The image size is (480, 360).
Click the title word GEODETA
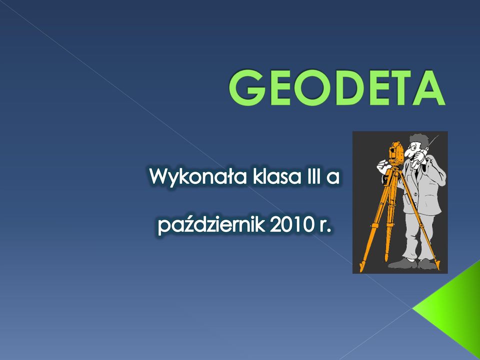pyautogui.click(x=336, y=87)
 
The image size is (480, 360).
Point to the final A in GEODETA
pyautogui.click(x=428, y=88)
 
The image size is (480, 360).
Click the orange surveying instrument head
pyautogui.click(x=396, y=153)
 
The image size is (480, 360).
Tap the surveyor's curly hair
pyautogui.click(x=420, y=140)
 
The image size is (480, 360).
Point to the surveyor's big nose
pyautogui.click(x=408, y=152)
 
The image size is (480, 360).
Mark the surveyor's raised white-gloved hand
pyautogui.click(x=383, y=167)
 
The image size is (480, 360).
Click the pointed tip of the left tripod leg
pyautogui.click(x=361, y=269)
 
